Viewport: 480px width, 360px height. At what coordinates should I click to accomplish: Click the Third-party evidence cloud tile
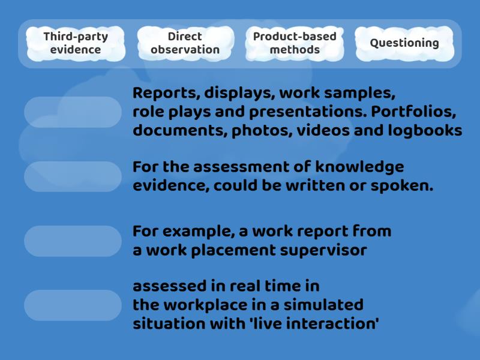(76, 43)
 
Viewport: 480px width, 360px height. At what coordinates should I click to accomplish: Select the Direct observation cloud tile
(185, 43)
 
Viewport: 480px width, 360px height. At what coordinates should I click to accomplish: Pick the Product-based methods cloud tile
(295, 43)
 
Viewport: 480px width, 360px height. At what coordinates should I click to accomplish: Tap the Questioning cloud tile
(404, 43)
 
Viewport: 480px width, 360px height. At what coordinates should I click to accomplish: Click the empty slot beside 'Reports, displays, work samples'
(73, 112)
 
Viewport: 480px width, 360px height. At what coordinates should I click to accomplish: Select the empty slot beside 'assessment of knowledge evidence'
(73, 176)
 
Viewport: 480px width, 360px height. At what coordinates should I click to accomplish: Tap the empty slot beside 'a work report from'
(73, 241)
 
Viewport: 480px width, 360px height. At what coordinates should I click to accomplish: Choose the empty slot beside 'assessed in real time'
(73, 305)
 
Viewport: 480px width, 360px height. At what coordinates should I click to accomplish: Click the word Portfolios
(413, 112)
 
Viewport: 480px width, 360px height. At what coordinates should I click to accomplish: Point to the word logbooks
(425, 131)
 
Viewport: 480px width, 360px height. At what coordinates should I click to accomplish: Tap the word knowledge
(359, 167)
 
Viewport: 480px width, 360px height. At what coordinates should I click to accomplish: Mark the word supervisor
(323, 251)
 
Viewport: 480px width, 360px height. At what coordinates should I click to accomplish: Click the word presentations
(308, 112)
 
